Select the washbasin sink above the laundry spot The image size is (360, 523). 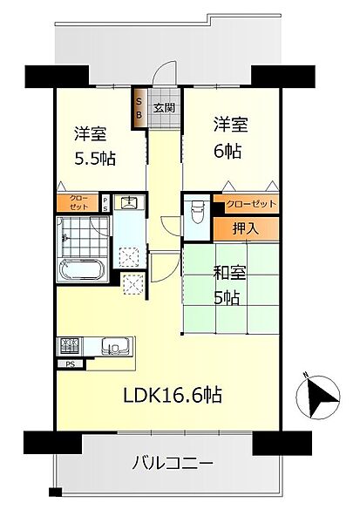(x=129, y=205)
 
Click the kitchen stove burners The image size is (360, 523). (x=70, y=344)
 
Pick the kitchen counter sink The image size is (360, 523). (x=113, y=344)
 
